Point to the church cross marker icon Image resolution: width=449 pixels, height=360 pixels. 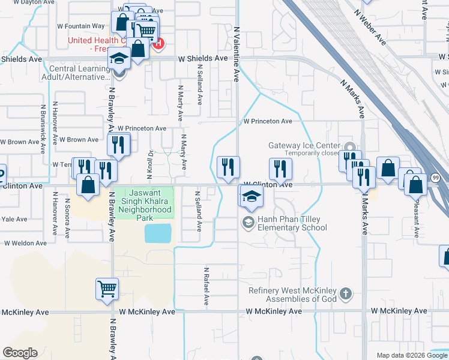point(345,293)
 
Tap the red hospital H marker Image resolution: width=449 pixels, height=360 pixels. point(158,43)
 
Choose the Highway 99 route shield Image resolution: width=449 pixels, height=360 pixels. point(435,177)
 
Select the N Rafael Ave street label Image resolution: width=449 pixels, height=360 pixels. point(206,287)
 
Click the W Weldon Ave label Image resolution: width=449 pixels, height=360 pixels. point(25,244)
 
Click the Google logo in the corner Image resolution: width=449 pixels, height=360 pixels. point(20,353)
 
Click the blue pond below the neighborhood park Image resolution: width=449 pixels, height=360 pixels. point(157,233)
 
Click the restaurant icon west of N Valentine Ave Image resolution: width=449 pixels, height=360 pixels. point(228,166)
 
